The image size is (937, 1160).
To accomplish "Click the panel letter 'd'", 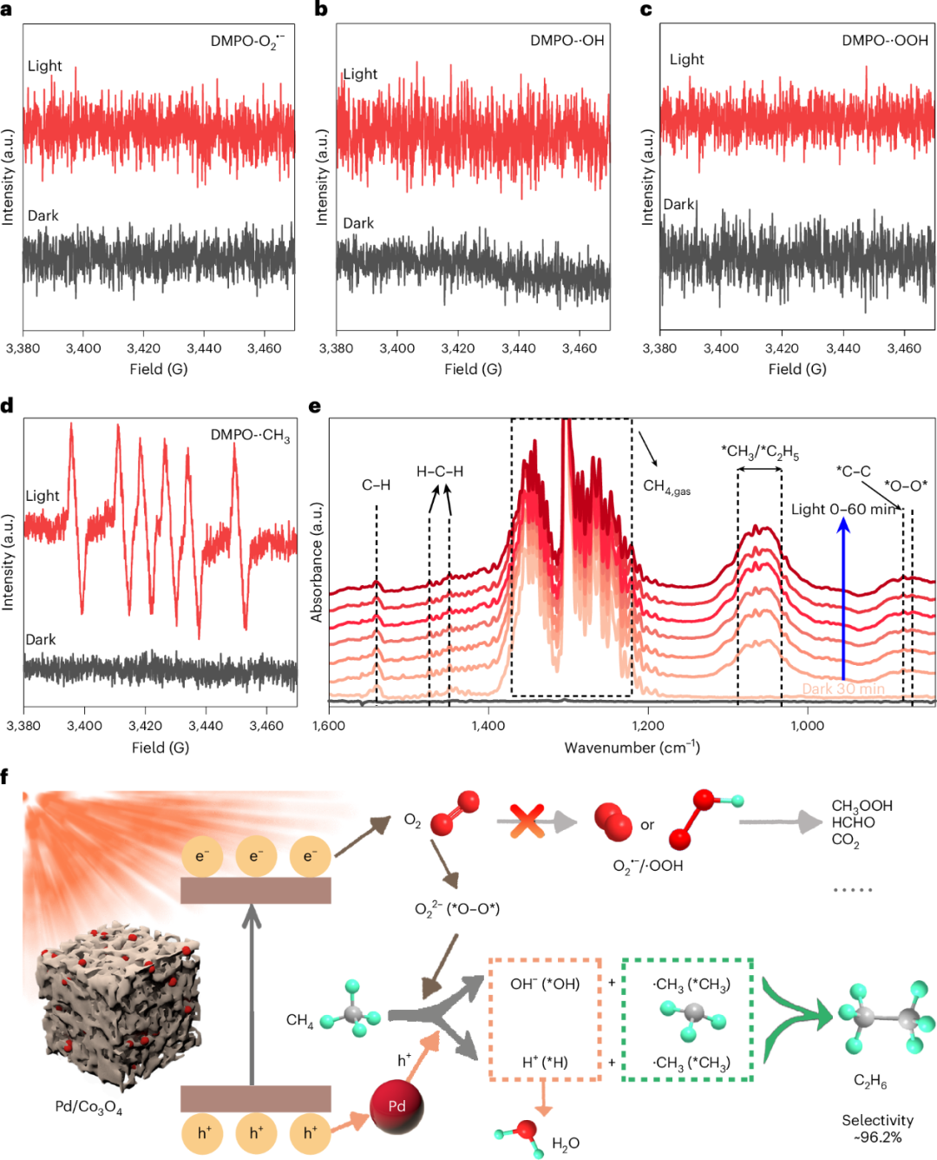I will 7,405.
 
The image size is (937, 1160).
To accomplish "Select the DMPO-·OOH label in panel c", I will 884,41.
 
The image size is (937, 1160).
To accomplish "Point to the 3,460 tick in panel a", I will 265,348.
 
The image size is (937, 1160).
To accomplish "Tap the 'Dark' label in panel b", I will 358,223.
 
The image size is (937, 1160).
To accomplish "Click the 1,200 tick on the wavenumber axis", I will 648,726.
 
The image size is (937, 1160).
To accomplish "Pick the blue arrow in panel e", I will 842,599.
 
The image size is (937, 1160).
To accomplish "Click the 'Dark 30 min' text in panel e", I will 843,689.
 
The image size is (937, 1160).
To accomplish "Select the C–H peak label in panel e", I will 376,484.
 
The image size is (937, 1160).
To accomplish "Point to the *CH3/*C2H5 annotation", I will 760,451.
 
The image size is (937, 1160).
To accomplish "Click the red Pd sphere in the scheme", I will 396,1106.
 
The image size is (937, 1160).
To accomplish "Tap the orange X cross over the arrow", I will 527,821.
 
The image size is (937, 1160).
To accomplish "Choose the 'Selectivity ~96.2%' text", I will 877,1129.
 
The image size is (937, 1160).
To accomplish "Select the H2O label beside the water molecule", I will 566,1144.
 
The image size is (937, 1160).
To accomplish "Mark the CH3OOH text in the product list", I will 862,806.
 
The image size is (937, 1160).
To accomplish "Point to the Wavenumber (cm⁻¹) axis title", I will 632,748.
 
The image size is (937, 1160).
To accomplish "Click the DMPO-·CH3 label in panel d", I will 250,435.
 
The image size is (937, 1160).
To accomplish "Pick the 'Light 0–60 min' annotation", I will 842,510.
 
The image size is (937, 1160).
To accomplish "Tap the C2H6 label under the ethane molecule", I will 870,1081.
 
